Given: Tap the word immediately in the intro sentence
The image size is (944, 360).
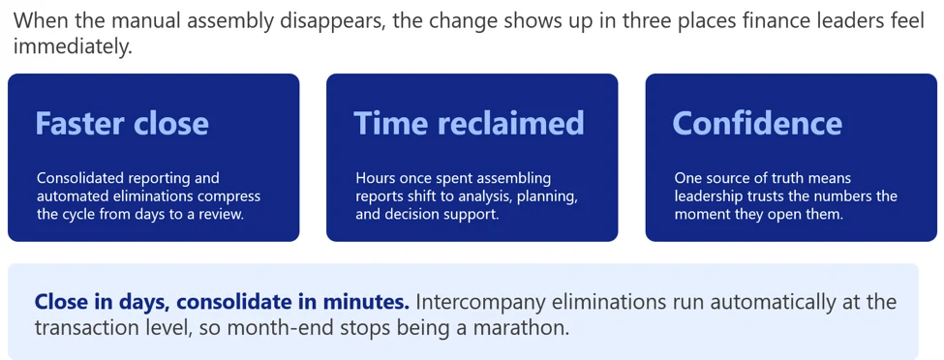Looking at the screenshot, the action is coord(72,47).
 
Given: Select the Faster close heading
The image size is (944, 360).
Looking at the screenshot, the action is coord(122,124).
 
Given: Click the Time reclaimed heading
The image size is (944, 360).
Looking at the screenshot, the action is coord(469,124).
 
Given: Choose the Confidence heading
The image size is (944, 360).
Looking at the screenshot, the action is coord(757,124).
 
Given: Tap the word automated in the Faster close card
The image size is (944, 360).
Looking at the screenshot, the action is coord(71,196).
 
